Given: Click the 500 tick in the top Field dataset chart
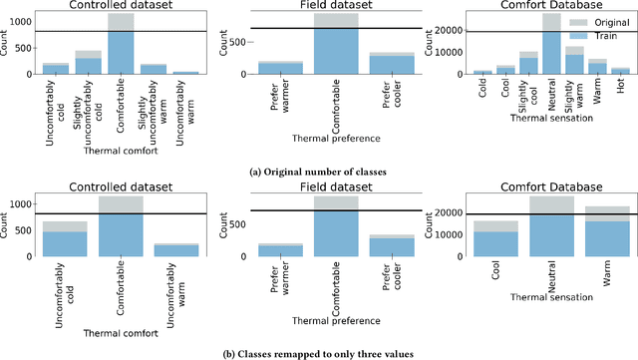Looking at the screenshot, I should [x=241, y=42].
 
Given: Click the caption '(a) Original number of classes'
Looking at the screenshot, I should [x=318, y=170].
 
